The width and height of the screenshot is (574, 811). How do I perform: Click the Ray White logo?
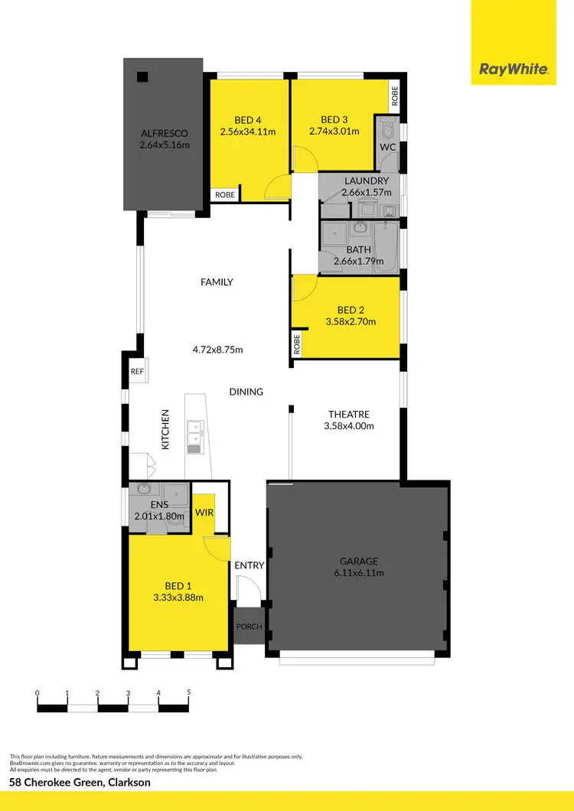point(514,70)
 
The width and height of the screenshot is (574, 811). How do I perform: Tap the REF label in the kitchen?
point(137,372)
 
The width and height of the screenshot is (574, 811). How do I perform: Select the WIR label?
point(204,512)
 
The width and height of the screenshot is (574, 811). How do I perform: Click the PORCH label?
point(249,627)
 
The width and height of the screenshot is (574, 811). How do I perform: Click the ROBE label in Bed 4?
point(225,195)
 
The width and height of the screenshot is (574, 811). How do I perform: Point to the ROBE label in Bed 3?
point(395,96)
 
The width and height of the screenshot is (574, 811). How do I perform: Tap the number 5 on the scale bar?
point(188,692)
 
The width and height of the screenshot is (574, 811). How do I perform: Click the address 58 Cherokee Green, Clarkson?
point(80,783)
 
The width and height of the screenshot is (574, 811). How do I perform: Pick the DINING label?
point(246,392)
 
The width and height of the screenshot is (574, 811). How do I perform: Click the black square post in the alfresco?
point(142,76)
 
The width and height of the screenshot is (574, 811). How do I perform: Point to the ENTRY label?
point(249,565)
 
